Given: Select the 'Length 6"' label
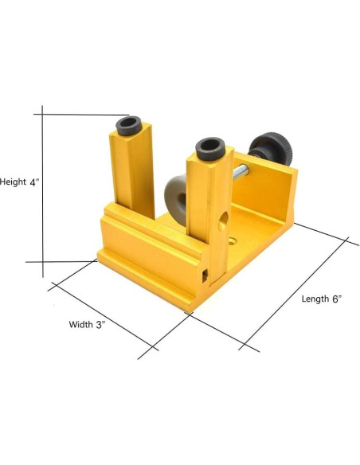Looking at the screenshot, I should pos(321,299).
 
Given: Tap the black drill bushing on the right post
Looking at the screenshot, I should pos(209,147).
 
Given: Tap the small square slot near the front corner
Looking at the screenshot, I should pos(206,275).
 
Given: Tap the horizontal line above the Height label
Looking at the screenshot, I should pos(80,115).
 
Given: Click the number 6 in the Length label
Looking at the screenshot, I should pos(335,299).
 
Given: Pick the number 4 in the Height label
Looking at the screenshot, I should pos(33,182).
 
